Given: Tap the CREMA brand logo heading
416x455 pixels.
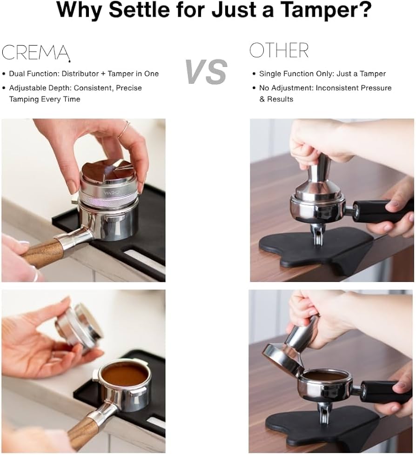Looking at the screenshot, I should pyautogui.click(x=36, y=52).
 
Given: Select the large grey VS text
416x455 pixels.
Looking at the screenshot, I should pyautogui.click(x=206, y=72).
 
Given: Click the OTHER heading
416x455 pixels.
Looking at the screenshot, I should pyautogui.click(x=279, y=50).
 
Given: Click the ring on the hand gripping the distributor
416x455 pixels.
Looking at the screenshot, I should pyautogui.click(x=124, y=131).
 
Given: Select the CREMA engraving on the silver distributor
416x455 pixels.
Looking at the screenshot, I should pyautogui.click(x=112, y=192).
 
